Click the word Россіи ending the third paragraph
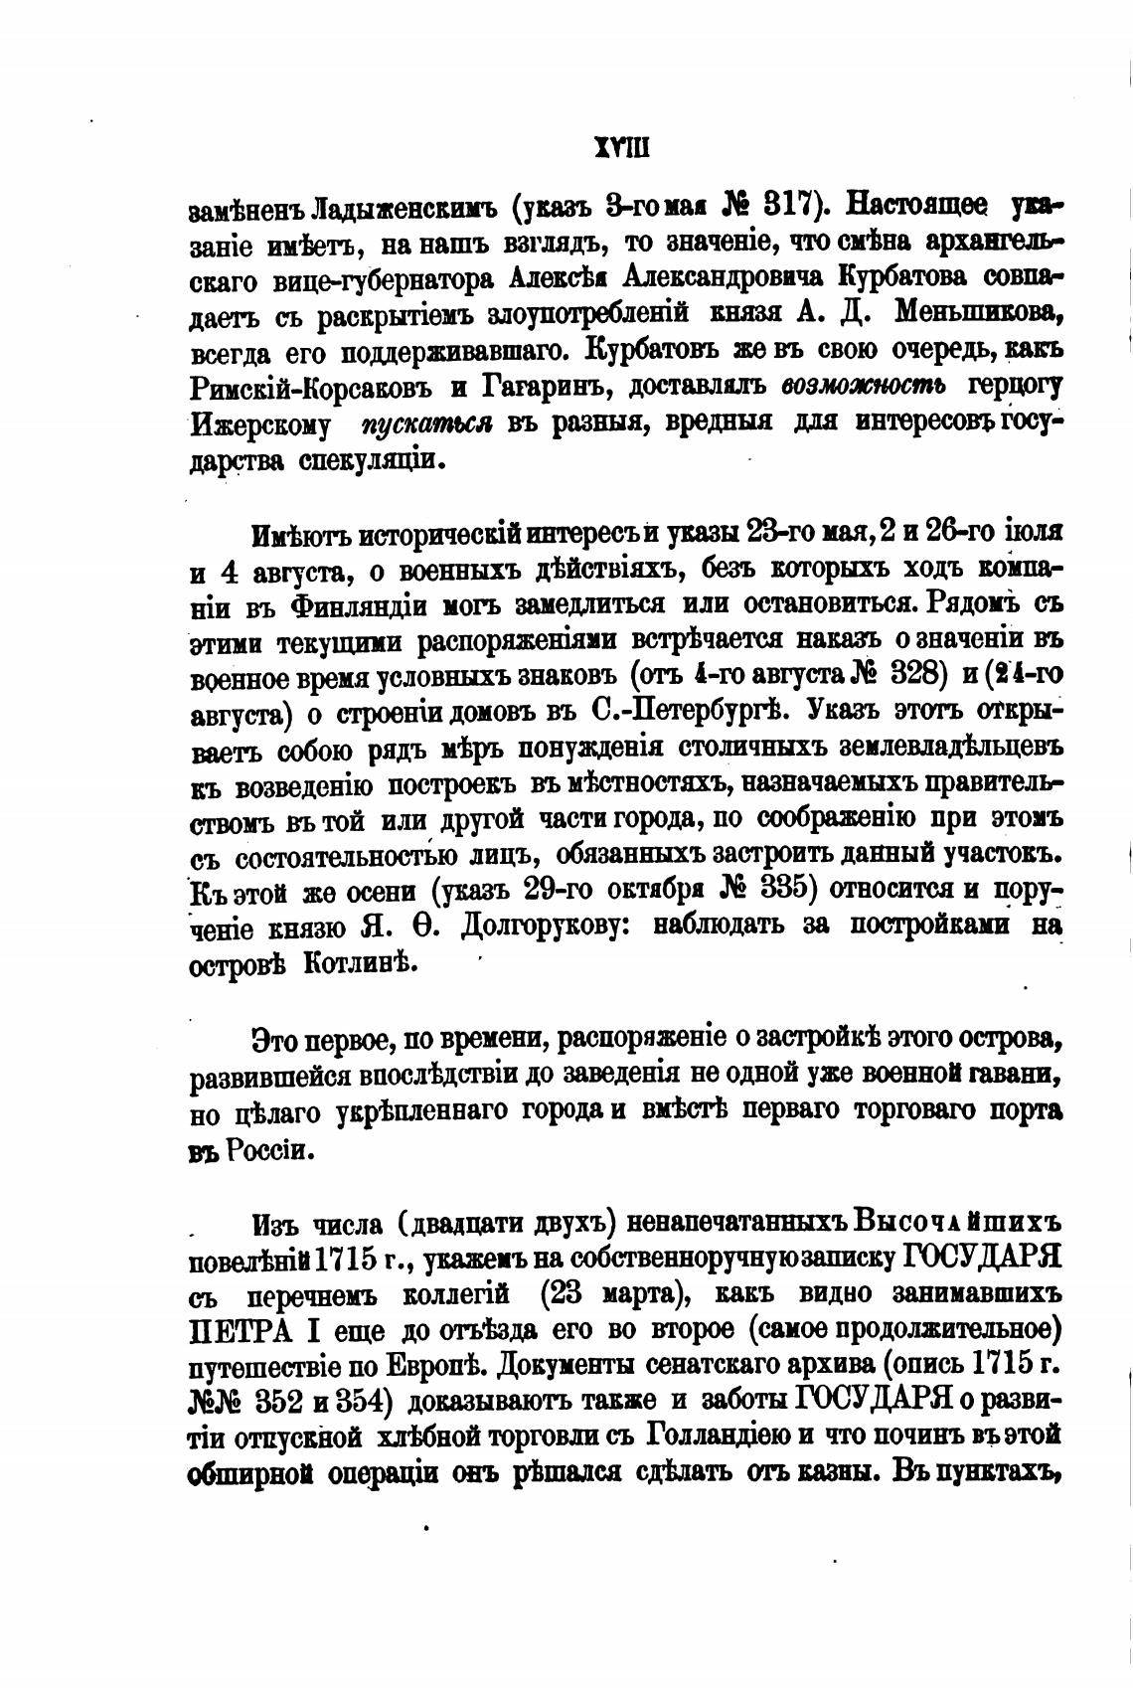click(271, 1150)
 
